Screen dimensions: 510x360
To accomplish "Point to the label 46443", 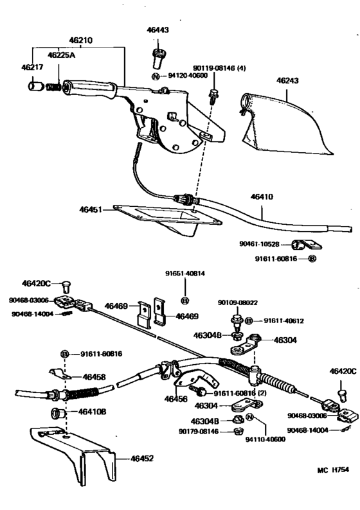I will pos(157,30).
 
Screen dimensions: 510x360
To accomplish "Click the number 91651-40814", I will pos(185,274).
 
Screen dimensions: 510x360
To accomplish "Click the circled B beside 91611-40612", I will pos(250,321).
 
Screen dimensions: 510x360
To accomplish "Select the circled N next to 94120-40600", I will pos(156,76).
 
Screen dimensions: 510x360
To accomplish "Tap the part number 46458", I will pos(95,377).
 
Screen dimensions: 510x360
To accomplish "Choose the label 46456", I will pos(175,399).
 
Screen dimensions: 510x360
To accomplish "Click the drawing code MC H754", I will pos(334,488).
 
